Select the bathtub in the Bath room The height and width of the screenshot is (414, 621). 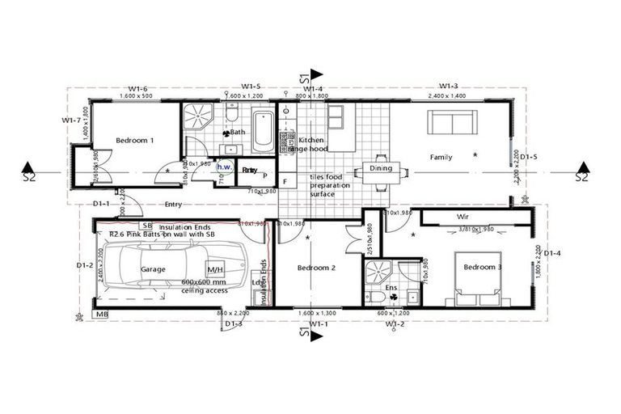pos(263,133)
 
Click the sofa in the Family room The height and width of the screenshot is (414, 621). pos(450,124)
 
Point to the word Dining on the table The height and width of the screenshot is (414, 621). pos(381,169)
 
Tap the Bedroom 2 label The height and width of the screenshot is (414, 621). pos(316,268)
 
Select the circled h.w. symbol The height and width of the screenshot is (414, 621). pos(224,167)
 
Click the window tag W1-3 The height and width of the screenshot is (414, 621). pos(449,86)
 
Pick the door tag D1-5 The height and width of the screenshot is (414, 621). pos(530,157)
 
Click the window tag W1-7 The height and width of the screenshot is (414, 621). pos(71,120)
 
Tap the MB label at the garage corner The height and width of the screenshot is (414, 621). pos(102,314)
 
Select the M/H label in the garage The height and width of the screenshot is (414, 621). pos(216,269)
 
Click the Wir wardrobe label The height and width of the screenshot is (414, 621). pos(463,218)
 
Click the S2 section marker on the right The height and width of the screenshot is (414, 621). pos(581,172)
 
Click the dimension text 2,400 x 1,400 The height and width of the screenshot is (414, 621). pos(449,95)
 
